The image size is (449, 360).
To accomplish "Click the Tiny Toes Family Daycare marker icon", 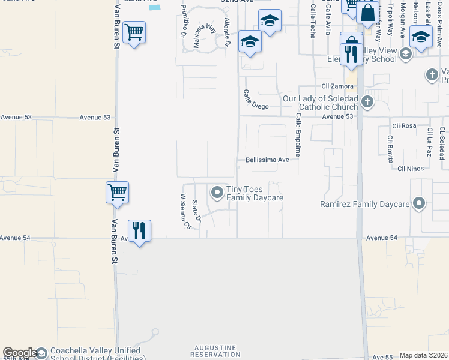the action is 217,193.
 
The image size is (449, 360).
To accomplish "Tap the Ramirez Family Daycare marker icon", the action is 419,204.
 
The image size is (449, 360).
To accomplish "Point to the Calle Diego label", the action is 255,99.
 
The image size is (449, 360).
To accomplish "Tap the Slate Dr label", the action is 196,211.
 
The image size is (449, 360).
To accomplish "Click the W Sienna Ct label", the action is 185,211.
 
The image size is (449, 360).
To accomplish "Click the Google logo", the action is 20,353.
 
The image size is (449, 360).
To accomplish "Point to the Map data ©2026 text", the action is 423,355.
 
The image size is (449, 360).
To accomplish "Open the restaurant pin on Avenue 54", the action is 139,230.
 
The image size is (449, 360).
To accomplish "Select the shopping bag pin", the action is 367,12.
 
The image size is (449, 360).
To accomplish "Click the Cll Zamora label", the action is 337,86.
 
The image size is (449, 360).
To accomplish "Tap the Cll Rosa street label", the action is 404,126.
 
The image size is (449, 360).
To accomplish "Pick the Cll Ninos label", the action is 411,169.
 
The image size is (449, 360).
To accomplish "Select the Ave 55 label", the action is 382,357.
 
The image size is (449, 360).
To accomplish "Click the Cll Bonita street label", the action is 390,146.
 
